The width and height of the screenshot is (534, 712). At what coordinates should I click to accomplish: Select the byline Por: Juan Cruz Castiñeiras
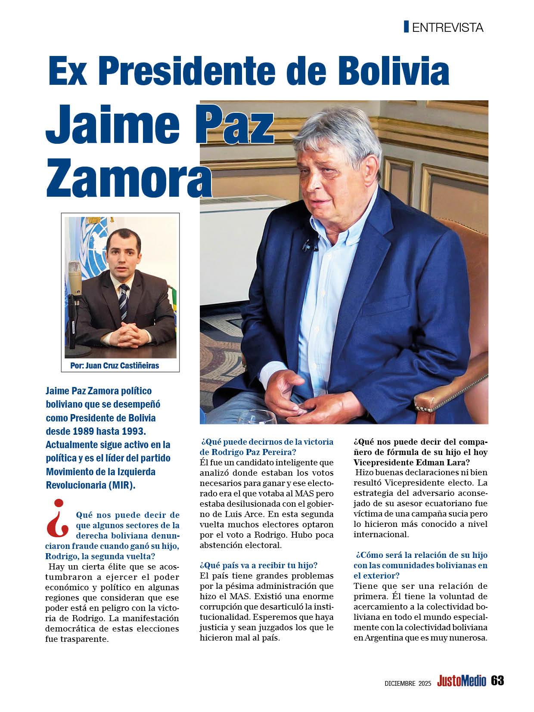114,366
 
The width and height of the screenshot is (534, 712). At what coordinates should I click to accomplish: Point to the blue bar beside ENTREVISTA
406,27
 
